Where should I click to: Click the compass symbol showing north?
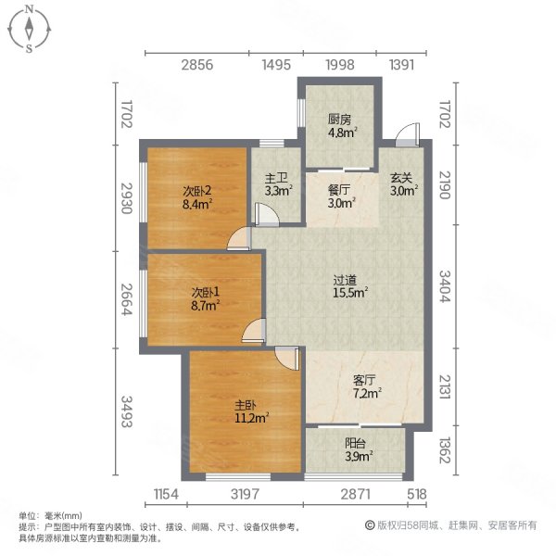click(x=30, y=28)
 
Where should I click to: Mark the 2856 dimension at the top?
click(x=196, y=65)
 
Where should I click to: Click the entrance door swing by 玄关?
click(x=405, y=137)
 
